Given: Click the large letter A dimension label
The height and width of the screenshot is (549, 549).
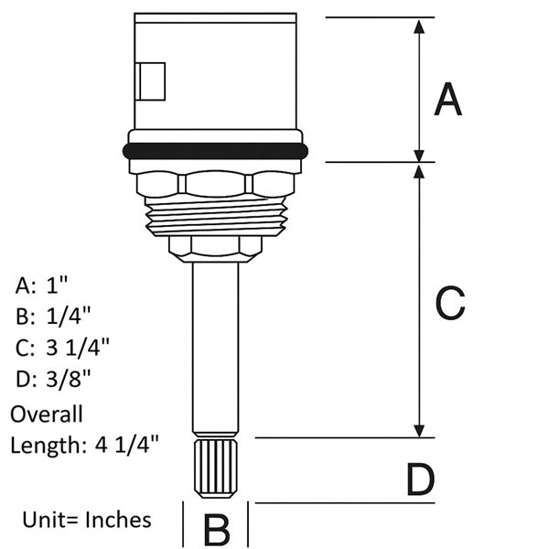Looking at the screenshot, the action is point(447,99).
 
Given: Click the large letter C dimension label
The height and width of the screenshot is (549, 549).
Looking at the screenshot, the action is point(450,303).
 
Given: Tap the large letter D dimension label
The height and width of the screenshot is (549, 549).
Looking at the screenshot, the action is point(421,479).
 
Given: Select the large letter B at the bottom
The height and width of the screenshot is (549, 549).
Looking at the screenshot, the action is point(217,530).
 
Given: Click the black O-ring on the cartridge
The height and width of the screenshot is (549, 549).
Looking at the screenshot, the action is point(215,151).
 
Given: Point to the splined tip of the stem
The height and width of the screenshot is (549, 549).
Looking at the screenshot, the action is point(215,468).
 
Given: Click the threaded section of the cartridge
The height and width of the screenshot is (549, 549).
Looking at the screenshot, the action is point(216,216).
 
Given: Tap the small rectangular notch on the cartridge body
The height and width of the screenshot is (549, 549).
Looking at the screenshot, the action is point(150,81).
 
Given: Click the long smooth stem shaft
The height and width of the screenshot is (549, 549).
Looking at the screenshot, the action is point(215,348).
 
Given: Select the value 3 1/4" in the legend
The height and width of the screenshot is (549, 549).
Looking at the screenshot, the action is point(78,348).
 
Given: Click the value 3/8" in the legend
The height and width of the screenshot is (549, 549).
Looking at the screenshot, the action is point(69,379).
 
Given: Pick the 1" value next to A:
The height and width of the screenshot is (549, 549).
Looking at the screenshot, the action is point(57,285).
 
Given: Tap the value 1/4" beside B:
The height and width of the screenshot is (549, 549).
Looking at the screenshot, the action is point(69,317).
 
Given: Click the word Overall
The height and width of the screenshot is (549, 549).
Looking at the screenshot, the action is point(47,414).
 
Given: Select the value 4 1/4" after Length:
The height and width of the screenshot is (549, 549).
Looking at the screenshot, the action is point(127,445).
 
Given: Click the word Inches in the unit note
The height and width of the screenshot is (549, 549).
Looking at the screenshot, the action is point(119,520).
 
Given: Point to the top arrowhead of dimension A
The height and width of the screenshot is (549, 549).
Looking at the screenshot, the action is point(419,27).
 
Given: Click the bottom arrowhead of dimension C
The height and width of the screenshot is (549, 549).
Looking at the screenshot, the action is point(419,431).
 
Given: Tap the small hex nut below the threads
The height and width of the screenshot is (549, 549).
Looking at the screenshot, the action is point(215,249).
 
